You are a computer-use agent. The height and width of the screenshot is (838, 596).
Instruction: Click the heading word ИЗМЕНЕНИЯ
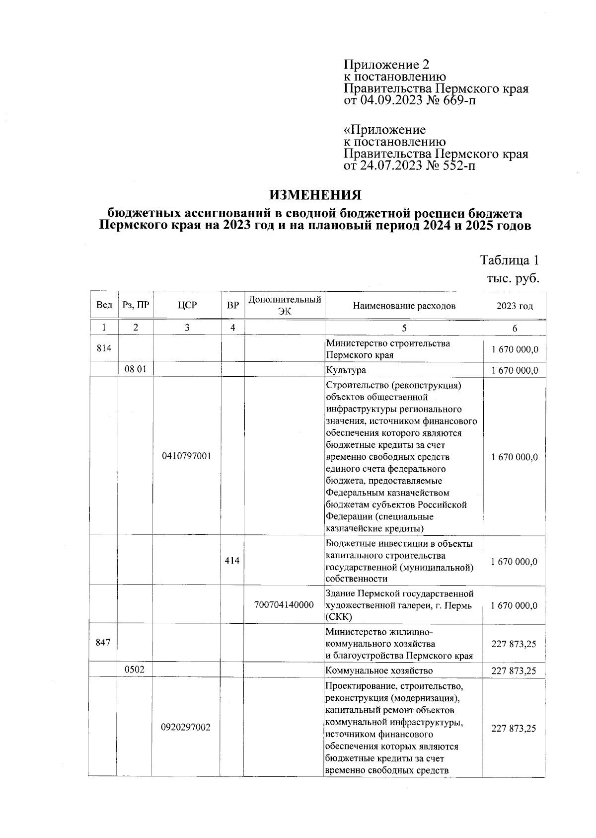315,194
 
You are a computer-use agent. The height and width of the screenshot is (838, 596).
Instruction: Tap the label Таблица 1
509,260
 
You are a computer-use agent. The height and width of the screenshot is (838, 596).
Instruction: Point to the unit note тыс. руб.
513,279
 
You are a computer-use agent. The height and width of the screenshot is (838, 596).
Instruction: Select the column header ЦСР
187,305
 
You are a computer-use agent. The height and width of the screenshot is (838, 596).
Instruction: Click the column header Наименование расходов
404,306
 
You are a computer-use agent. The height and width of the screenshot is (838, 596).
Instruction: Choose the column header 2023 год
515,306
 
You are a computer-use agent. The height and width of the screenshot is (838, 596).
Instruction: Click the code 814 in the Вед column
104,348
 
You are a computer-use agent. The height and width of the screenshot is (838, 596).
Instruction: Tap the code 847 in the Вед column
103,642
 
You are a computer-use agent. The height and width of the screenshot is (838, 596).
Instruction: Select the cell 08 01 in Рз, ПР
135,369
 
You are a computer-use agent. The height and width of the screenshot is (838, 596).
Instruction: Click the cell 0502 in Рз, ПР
135,669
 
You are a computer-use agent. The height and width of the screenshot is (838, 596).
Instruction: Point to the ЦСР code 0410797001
187,456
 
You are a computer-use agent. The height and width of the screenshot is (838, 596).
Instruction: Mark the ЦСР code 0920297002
186,727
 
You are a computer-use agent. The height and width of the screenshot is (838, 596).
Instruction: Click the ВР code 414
232,561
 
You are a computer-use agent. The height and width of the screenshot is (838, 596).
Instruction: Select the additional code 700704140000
284,605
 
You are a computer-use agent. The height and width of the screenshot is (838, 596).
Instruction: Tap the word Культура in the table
346,370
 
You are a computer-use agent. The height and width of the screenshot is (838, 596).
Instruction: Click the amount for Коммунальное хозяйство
514,670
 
